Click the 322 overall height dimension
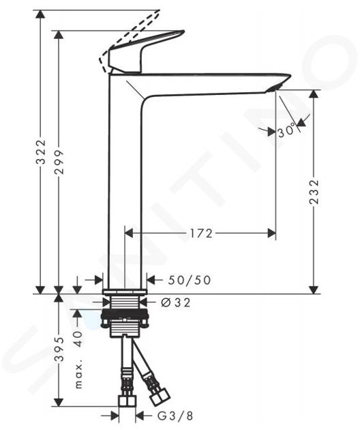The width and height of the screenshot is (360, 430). click(x=42, y=152)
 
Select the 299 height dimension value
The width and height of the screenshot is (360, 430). click(x=59, y=162)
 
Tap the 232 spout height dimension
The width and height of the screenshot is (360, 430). click(x=314, y=192)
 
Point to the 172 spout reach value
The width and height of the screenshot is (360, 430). click(x=201, y=233)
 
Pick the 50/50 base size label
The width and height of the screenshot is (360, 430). click(x=190, y=280)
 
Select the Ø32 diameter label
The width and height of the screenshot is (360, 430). click(x=176, y=302)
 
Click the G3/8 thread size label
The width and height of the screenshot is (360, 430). click(x=175, y=416)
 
